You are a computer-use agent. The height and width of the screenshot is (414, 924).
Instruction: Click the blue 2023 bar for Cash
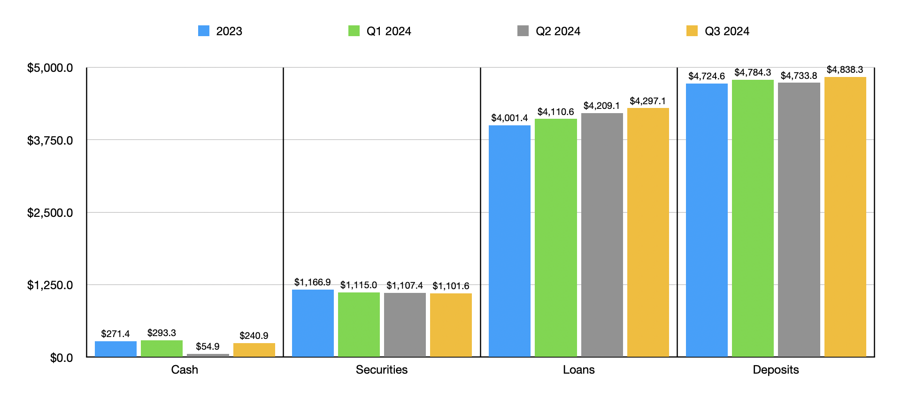tap(115, 349)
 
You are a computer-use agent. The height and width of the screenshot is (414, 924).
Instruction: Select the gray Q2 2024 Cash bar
tap(208, 355)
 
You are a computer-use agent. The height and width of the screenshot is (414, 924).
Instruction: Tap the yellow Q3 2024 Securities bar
tap(451, 325)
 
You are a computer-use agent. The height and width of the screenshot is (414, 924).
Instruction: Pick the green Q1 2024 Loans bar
tap(555, 238)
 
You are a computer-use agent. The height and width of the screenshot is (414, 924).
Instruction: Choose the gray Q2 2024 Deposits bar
tap(799, 220)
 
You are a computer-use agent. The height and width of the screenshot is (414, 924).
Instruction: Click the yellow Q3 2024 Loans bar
tap(648, 232)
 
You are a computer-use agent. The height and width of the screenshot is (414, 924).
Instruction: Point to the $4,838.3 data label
tap(845, 69)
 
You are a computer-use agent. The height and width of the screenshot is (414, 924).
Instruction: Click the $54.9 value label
tap(208, 346)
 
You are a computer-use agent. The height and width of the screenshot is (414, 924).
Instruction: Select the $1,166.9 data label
tap(312, 282)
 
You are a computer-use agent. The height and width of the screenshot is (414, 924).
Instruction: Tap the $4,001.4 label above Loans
tap(509, 118)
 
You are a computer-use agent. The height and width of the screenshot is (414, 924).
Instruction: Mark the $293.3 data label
tap(162, 333)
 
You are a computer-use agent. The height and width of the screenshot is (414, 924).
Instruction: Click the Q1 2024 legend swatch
tap(354, 31)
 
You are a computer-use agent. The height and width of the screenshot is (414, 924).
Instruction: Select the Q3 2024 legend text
tap(727, 31)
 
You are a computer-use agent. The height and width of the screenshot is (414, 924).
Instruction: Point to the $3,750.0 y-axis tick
tap(50, 140)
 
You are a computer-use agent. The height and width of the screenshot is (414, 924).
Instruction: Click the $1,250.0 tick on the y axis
tap(50, 285)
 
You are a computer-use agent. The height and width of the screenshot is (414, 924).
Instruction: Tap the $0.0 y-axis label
tap(62, 358)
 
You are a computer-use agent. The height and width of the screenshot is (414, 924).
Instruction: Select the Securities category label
tap(381, 369)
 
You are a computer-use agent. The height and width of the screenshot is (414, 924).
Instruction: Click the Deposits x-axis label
tap(776, 369)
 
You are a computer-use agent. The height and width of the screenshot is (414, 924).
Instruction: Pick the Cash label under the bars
tap(185, 369)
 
